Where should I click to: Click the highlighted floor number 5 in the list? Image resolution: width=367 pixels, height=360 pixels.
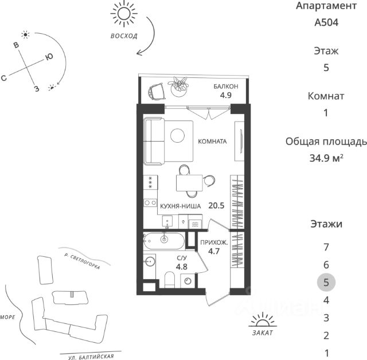[326, 282]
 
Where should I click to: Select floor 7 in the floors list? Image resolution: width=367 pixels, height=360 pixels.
[326, 248]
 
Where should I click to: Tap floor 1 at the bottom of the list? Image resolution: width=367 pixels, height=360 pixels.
[326, 353]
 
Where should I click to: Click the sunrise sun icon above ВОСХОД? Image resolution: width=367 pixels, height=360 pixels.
[124, 14]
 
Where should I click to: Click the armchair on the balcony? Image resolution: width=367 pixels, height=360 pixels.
[157, 90]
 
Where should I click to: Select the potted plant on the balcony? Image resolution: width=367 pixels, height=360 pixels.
[180, 84]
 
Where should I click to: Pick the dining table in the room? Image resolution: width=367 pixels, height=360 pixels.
[189, 183]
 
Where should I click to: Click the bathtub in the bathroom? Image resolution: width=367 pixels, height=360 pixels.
[164, 239]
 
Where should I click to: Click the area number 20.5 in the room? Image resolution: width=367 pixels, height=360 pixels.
[216, 204]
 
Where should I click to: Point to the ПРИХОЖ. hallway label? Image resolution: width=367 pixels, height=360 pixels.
[214, 243]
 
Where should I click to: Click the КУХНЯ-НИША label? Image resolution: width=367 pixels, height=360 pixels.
[180, 205]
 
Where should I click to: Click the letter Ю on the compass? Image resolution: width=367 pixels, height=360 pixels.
[49, 57]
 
